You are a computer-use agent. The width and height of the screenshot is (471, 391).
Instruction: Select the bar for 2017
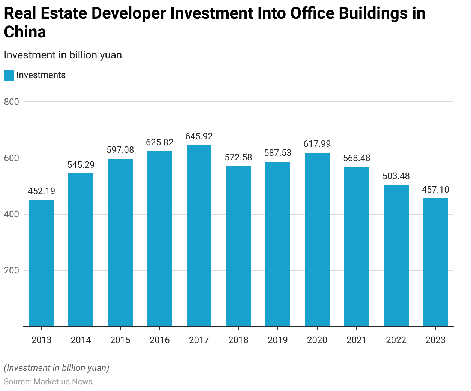tap(199, 236)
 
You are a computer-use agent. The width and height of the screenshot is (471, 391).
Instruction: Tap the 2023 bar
tap(435, 262)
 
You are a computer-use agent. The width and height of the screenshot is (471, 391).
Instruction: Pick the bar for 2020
tap(317, 240)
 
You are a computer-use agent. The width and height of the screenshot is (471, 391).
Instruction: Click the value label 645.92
tap(199, 136)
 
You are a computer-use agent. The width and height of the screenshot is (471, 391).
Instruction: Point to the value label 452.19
tap(41, 191)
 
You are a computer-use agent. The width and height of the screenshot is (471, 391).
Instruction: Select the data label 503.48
tap(396, 176)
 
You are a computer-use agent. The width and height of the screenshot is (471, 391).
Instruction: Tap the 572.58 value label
tap(238, 157)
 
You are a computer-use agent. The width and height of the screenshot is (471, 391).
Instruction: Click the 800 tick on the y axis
tap(11, 102)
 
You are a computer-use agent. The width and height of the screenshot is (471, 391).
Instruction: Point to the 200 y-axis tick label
tap(11, 270)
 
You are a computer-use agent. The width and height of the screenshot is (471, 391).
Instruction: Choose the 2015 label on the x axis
tap(120, 340)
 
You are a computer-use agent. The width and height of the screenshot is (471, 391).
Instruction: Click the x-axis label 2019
tap(278, 340)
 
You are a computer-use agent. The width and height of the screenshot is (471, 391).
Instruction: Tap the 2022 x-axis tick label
tap(396, 340)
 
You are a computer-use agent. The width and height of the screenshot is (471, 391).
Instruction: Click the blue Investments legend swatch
tap(9, 75)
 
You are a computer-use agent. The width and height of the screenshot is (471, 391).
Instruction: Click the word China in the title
tap(25, 32)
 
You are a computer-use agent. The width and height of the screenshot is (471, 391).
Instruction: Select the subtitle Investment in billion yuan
tap(63, 55)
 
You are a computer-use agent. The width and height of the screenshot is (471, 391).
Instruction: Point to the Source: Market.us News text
tap(48, 381)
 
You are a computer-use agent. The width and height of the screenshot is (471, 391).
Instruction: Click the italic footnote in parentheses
tap(57, 368)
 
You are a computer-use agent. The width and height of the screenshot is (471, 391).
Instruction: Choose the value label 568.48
tap(357, 158)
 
